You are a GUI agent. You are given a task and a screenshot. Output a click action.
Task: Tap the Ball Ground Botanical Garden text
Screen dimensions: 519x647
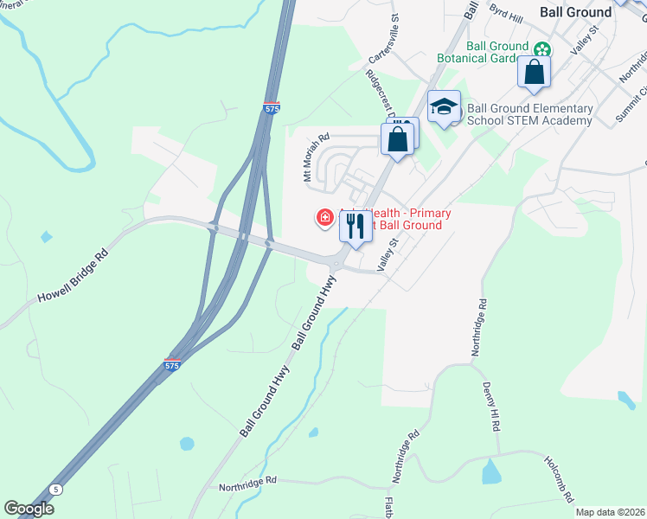click(496, 53)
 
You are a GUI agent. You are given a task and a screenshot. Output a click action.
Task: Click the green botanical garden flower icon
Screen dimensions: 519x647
click(542, 49)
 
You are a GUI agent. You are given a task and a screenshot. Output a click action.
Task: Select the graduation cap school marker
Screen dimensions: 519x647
click(444, 106)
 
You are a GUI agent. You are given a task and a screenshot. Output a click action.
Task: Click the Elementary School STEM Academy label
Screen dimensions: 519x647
click(530, 114)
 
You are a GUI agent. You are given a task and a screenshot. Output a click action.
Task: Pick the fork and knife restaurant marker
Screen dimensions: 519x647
click(356, 227)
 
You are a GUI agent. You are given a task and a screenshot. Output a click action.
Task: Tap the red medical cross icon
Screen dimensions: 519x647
click(325, 217)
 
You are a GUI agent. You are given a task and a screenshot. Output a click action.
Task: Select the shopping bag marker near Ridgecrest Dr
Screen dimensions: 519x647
click(398, 138)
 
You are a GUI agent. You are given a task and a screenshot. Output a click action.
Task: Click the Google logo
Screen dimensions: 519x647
click(29, 509)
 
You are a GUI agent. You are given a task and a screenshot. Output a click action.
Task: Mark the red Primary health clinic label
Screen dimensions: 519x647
click(398, 219)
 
